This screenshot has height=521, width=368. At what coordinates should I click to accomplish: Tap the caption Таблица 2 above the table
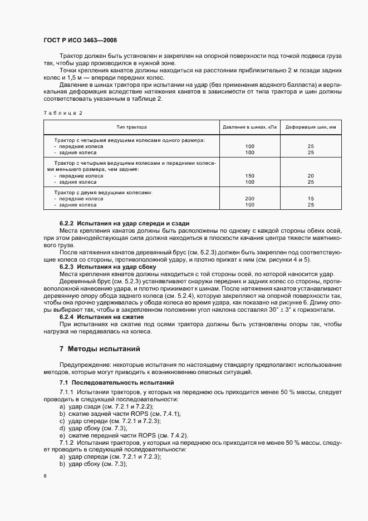pyautogui.click(x=62, y=113)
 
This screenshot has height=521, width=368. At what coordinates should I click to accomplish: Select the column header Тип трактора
pyautogui.click(x=132, y=127)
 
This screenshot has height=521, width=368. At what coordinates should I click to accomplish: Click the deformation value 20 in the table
pyautogui.click(x=311, y=175)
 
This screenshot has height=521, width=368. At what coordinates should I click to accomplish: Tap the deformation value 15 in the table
pyautogui.click(x=311, y=198)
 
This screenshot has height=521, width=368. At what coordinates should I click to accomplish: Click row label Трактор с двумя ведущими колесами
pyautogui.click(x=103, y=192)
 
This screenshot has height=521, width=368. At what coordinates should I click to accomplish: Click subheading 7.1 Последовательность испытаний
pyautogui.click(x=117, y=383)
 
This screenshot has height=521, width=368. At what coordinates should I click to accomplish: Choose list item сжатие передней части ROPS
pyautogui.click(x=112, y=435)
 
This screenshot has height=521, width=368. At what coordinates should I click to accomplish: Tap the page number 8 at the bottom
pyautogui.click(x=45, y=476)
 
